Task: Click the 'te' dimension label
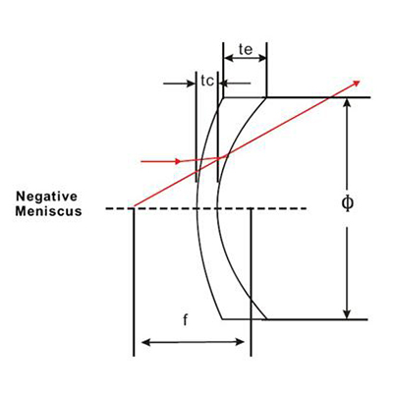(246, 49)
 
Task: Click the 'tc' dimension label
(207, 81)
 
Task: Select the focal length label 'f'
(186, 320)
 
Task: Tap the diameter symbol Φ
(348, 203)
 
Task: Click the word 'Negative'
(47, 196)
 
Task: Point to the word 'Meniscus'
(48, 211)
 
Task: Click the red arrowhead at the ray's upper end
(356, 83)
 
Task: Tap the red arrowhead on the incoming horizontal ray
(177, 161)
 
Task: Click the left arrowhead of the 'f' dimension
(146, 343)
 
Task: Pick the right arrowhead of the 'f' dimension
(240, 342)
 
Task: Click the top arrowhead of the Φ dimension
(348, 102)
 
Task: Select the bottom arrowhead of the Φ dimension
(348, 313)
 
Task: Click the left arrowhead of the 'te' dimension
(228, 59)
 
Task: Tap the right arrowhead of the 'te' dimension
(262, 59)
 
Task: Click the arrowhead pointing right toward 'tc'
(191, 84)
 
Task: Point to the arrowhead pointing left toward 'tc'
(223, 84)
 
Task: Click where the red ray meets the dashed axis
(134, 207)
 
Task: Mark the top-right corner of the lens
(266, 97)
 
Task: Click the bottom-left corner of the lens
(223, 318)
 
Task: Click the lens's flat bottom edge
(245, 318)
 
